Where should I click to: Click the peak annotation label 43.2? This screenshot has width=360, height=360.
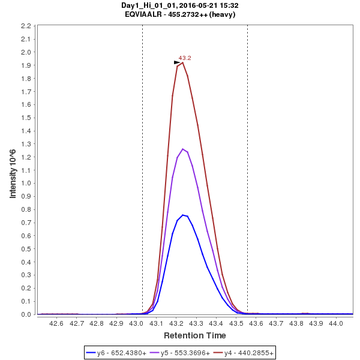pyautogui.click(x=185, y=58)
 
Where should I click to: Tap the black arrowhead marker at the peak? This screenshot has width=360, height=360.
pyautogui.click(x=177, y=62)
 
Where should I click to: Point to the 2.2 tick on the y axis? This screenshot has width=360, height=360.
pyautogui.click(x=26, y=26)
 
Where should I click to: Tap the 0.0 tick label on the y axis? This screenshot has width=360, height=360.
pyautogui.click(x=26, y=314)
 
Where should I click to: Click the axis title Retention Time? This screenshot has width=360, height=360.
pyautogui.click(x=195, y=335)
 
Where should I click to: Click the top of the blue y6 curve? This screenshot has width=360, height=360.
pyautogui.click(x=182, y=215)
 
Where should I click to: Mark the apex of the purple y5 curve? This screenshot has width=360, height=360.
pyautogui.click(x=182, y=149)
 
